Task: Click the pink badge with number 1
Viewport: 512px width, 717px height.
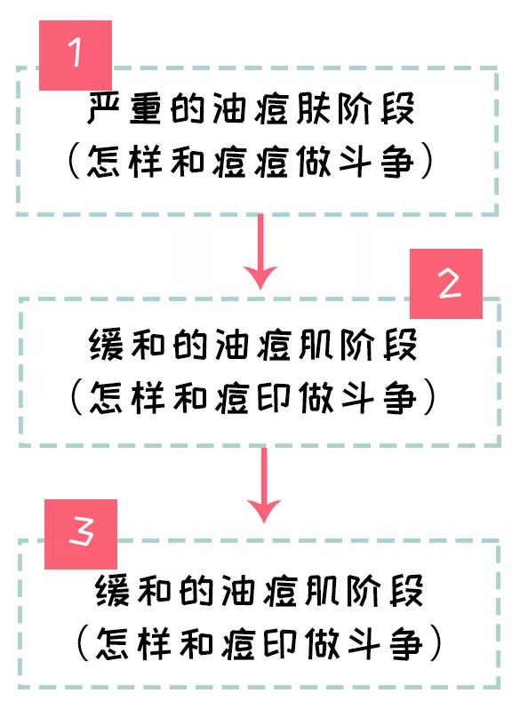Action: click(x=76, y=55)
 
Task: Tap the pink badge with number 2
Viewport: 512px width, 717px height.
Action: click(x=445, y=283)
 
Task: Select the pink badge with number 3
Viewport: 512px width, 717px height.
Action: click(x=81, y=534)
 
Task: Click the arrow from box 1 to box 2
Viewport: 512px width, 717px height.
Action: click(x=260, y=251)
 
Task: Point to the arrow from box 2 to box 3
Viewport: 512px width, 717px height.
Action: click(x=263, y=485)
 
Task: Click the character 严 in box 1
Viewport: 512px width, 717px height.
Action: click(x=103, y=108)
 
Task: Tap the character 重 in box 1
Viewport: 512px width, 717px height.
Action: click(x=145, y=108)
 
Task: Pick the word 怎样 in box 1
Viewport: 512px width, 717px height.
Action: click(x=124, y=162)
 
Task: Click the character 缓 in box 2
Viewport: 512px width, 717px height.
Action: click(x=106, y=344)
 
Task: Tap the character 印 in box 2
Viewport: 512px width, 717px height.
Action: click(x=274, y=397)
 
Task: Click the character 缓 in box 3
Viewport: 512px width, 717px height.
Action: click(x=113, y=590)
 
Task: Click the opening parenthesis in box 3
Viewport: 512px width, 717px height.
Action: click(x=83, y=643)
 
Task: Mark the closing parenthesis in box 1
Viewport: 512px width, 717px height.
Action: click(x=427, y=161)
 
